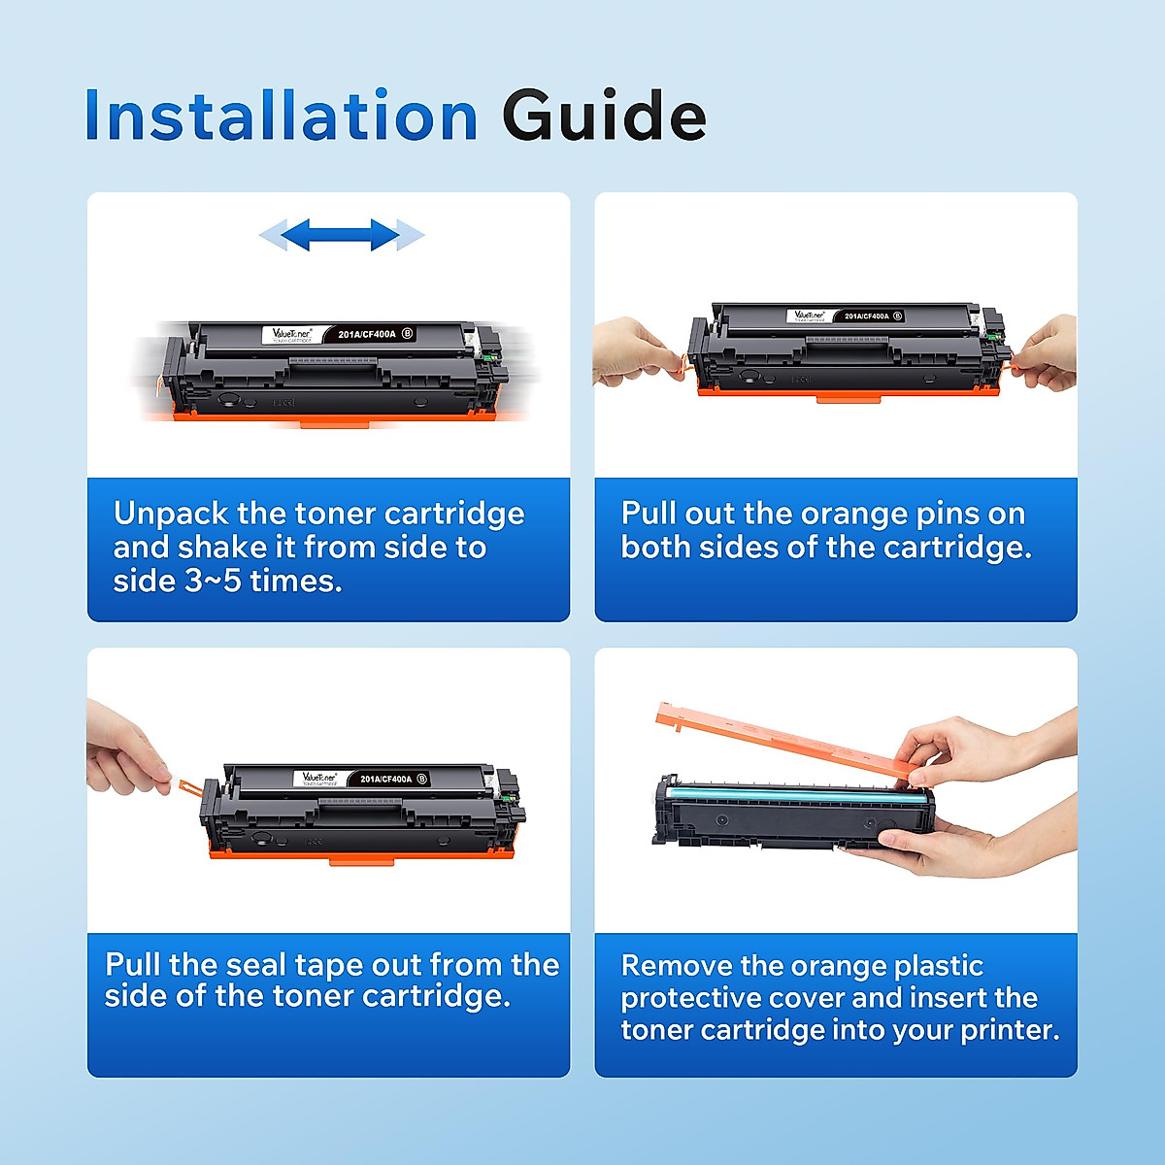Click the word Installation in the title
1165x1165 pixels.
[282, 116]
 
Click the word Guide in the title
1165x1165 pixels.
[603, 116]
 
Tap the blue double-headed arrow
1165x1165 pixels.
[342, 234]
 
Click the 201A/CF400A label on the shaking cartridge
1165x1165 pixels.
[367, 334]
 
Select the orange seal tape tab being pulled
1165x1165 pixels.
[185, 785]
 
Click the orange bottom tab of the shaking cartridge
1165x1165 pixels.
[334, 422]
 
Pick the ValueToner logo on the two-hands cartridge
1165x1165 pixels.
[809, 316]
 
